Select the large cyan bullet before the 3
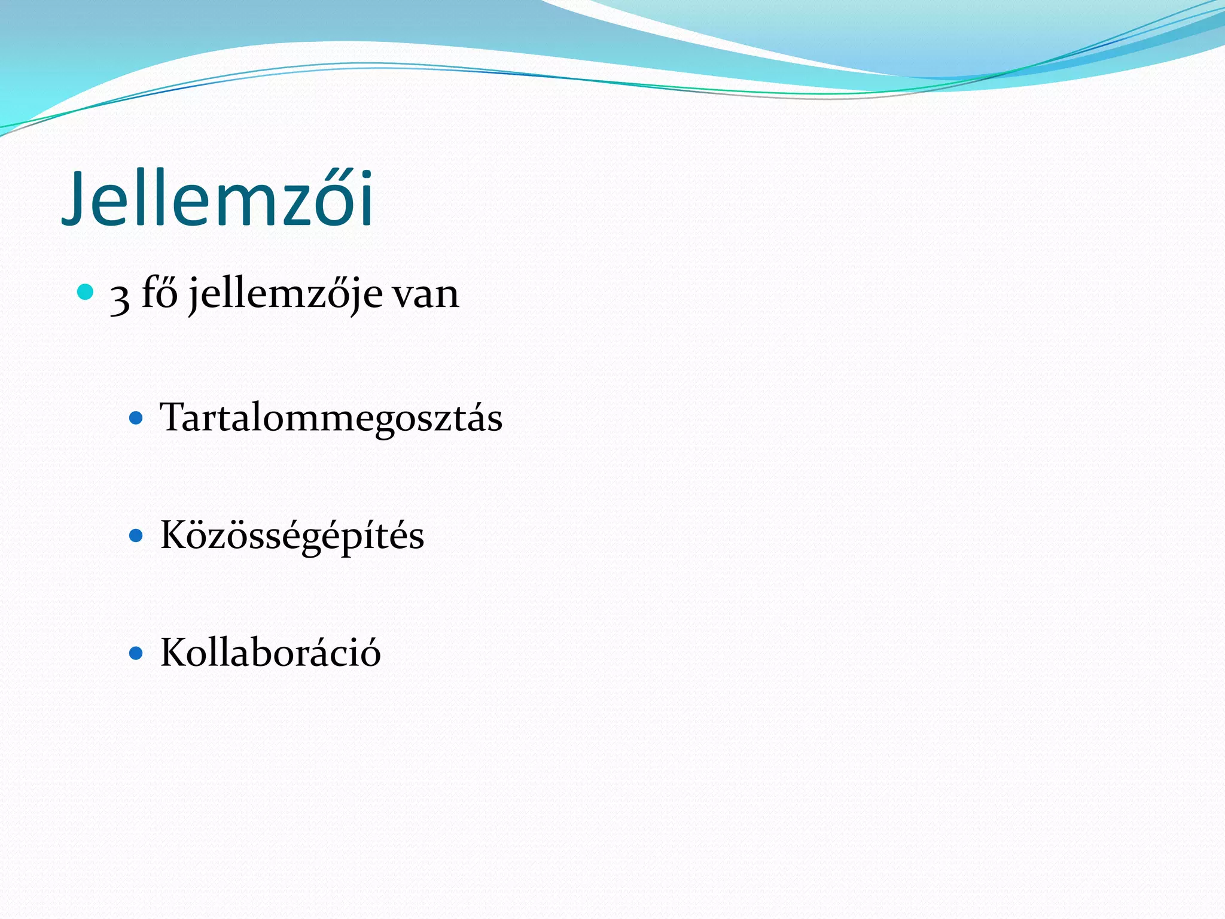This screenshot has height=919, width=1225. (x=86, y=292)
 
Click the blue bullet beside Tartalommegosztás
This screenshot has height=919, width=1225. (x=136, y=418)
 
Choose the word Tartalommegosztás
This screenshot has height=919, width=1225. (x=331, y=418)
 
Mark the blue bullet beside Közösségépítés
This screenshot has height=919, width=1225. (x=136, y=535)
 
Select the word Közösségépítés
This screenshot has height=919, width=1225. (x=292, y=535)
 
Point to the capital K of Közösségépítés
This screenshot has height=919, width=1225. (x=174, y=534)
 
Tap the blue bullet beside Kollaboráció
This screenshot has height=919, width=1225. (x=136, y=653)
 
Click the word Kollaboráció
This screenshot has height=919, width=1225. (x=270, y=653)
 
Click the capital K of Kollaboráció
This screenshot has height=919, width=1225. (x=174, y=652)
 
